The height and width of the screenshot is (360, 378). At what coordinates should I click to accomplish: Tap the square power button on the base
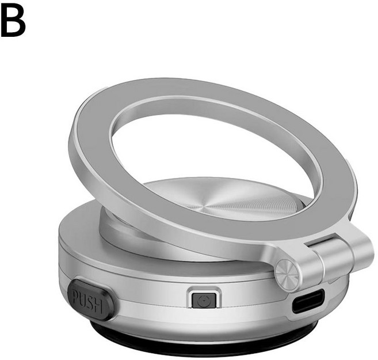coord(204,300)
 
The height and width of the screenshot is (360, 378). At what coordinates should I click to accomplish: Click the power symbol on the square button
coord(203,301)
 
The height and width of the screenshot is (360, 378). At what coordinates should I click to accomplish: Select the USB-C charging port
coord(308,301)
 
